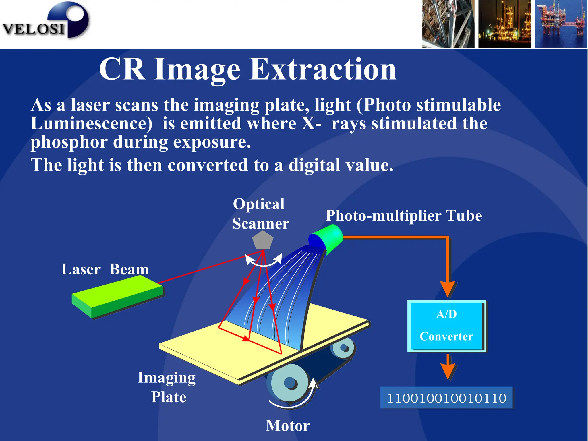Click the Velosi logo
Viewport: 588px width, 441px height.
[x=46, y=22]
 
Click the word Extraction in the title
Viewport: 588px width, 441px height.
[x=323, y=69]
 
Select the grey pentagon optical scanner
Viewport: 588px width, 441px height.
[x=262, y=240]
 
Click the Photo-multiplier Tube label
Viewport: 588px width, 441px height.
[x=404, y=216]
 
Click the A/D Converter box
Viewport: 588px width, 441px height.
[x=446, y=326]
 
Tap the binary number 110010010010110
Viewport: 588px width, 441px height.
[x=446, y=398]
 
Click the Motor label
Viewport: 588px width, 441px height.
[x=288, y=425]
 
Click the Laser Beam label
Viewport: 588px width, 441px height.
[x=105, y=269]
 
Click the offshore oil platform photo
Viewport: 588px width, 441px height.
[x=560, y=24]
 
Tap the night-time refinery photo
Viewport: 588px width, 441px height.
[x=504, y=24]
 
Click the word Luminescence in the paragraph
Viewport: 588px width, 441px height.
[x=91, y=124]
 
